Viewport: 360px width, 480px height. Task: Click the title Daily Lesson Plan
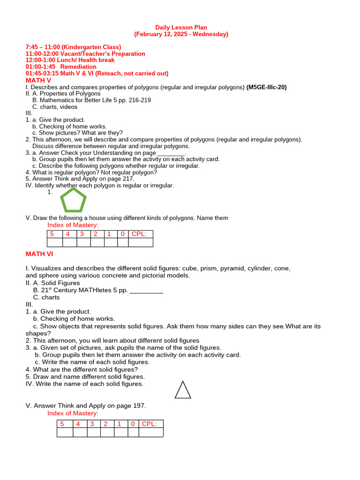click(x=181, y=28)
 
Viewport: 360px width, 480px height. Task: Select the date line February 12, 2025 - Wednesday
click(x=181, y=34)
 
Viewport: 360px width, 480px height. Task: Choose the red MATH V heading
click(x=38, y=81)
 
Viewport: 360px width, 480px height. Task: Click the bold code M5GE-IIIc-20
click(x=266, y=87)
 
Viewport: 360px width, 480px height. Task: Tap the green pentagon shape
click(x=74, y=201)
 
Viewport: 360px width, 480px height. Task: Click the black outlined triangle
click(x=183, y=390)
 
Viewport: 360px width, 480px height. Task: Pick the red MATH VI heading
click(x=39, y=254)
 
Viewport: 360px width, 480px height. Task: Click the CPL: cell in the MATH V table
click(x=140, y=234)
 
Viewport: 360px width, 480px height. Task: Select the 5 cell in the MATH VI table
click(x=62, y=424)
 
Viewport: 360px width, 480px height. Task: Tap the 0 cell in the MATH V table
click(x=122, y=234)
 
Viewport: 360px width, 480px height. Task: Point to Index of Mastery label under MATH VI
click(x=73, y=413)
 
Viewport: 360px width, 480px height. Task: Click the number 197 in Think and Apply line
click(x=139, y=406)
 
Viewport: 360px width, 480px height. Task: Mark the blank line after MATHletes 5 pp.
click(x=146, y=291)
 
